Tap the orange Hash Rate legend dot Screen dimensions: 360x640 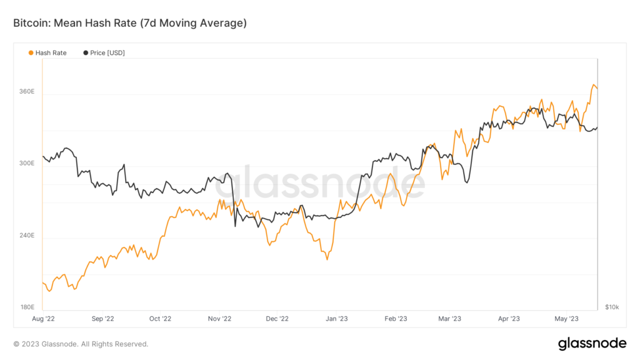[31, 53]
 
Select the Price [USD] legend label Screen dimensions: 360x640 [107, 53]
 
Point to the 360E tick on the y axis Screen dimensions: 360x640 [27, 92]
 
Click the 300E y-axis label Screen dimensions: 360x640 [27, 164]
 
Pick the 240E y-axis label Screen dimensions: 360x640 [27, 236]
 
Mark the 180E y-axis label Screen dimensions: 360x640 [27, 307]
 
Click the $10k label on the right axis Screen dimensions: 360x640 [612, 307]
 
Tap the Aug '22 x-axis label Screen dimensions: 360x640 [44, 319]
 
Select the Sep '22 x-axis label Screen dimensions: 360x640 [102, 319]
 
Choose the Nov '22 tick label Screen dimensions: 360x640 [219, 319]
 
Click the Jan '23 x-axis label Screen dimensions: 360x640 [336, 319]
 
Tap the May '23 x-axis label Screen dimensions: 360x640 [566, 319]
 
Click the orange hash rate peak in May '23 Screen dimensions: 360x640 [592, 84]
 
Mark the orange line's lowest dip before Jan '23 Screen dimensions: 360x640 [327, 259]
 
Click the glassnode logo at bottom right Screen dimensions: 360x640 [592, 343]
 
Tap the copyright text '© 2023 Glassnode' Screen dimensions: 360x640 [81, 344]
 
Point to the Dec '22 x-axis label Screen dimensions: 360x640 [276, 319]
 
